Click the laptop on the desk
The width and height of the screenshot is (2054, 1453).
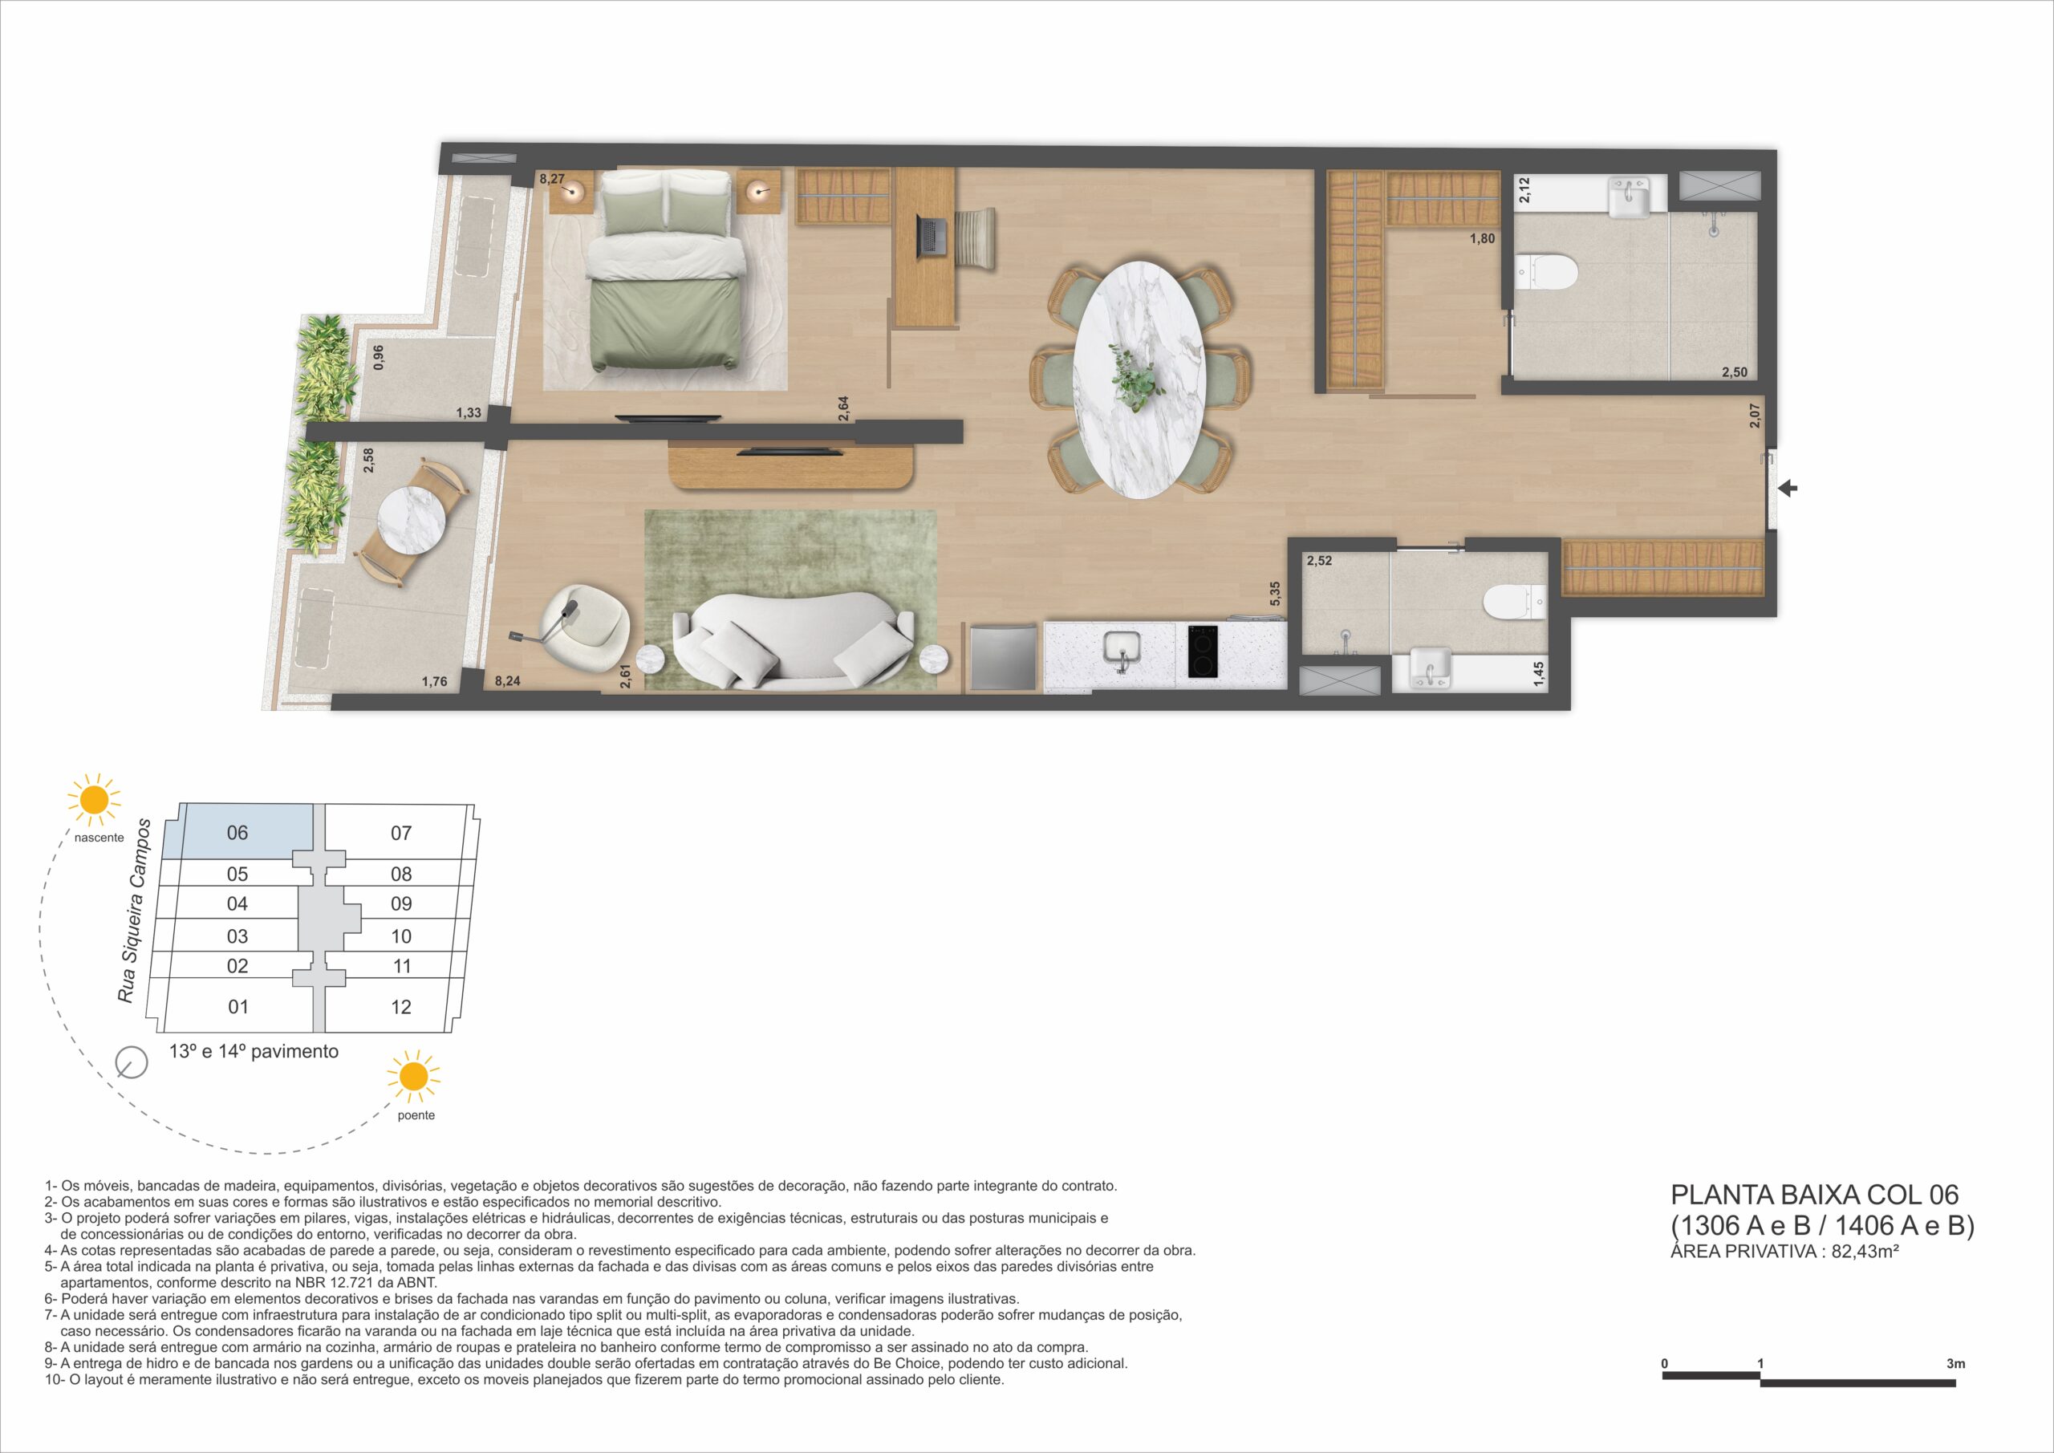pyautogui.click(x=933, y=235)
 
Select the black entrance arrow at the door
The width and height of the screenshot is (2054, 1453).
pyautogui.click(x=1788, y=489)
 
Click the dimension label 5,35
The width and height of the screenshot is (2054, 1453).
pyautogui.click(x=1276, y=593)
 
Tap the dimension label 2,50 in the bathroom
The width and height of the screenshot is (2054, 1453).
pyautogui.click(x=1735, y=372)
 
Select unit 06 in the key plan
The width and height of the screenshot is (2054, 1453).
pyautogui.click(x=237, y=833)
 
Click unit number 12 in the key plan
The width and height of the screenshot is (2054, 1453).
pyautogui.click(x=401, y=1008)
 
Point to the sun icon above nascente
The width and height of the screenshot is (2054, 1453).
pyautogui.click(x=94, y=800)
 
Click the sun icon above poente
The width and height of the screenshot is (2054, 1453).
pyautogui.click(x=414, y=1078)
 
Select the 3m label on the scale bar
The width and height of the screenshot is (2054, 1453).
pyautogui.click(x=1955, y=1363)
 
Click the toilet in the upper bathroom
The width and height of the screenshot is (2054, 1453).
pyautogui.click(x=1548, y=272)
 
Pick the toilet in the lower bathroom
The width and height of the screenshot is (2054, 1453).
pyautogui.click(x=1515, y=602)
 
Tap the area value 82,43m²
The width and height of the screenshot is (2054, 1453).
pyautogui.click(x=1865, y=1251)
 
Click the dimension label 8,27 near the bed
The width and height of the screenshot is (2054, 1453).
pyautogui.click(x=552, y=179)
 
